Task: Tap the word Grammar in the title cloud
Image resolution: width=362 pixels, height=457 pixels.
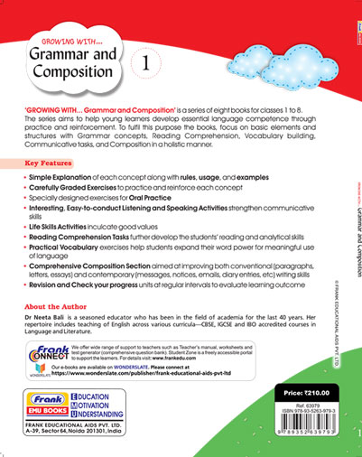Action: [78, 61]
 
